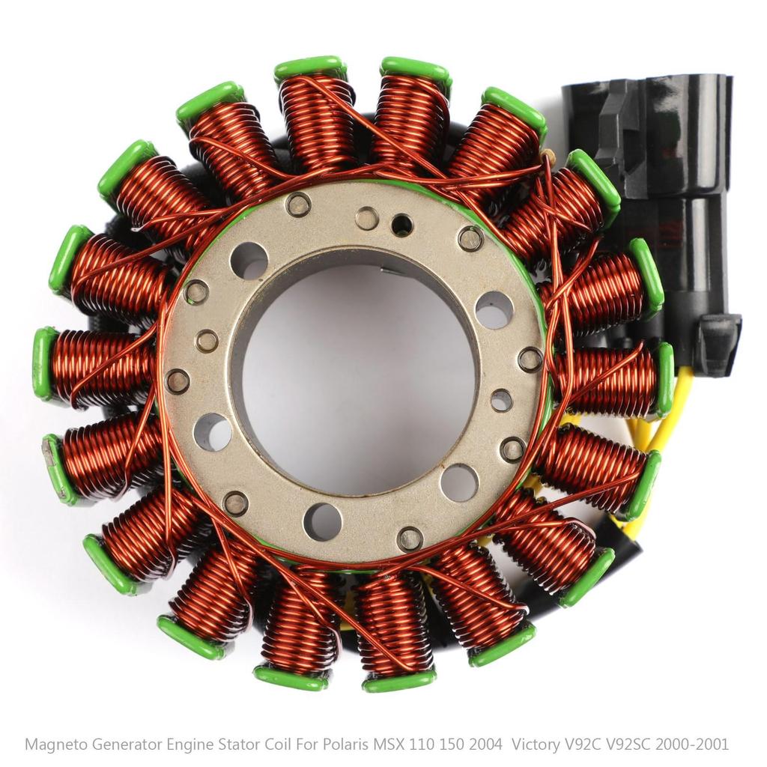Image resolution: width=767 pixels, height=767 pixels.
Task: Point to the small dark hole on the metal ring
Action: pos(402,224)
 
